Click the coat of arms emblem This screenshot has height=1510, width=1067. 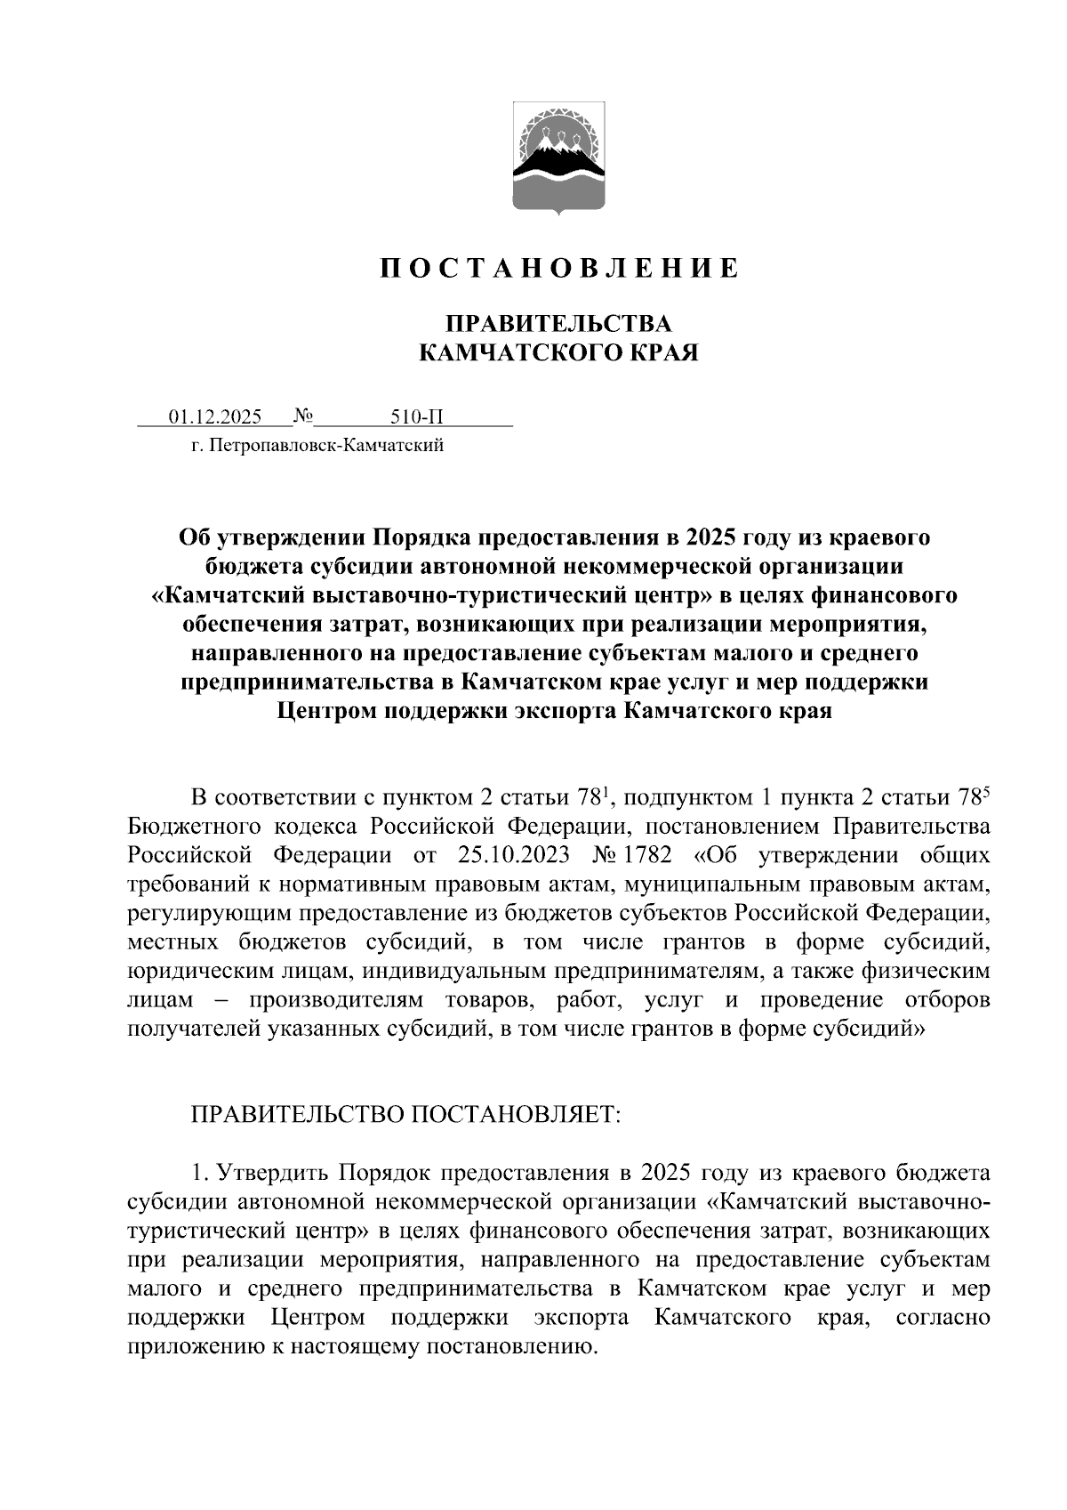point(558,158)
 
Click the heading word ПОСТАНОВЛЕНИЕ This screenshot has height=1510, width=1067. point(558,269)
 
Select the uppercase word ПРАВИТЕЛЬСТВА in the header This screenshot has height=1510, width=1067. point(558,323)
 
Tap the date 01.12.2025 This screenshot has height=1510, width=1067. point(216,417)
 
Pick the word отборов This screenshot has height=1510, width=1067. point(947,1000)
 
